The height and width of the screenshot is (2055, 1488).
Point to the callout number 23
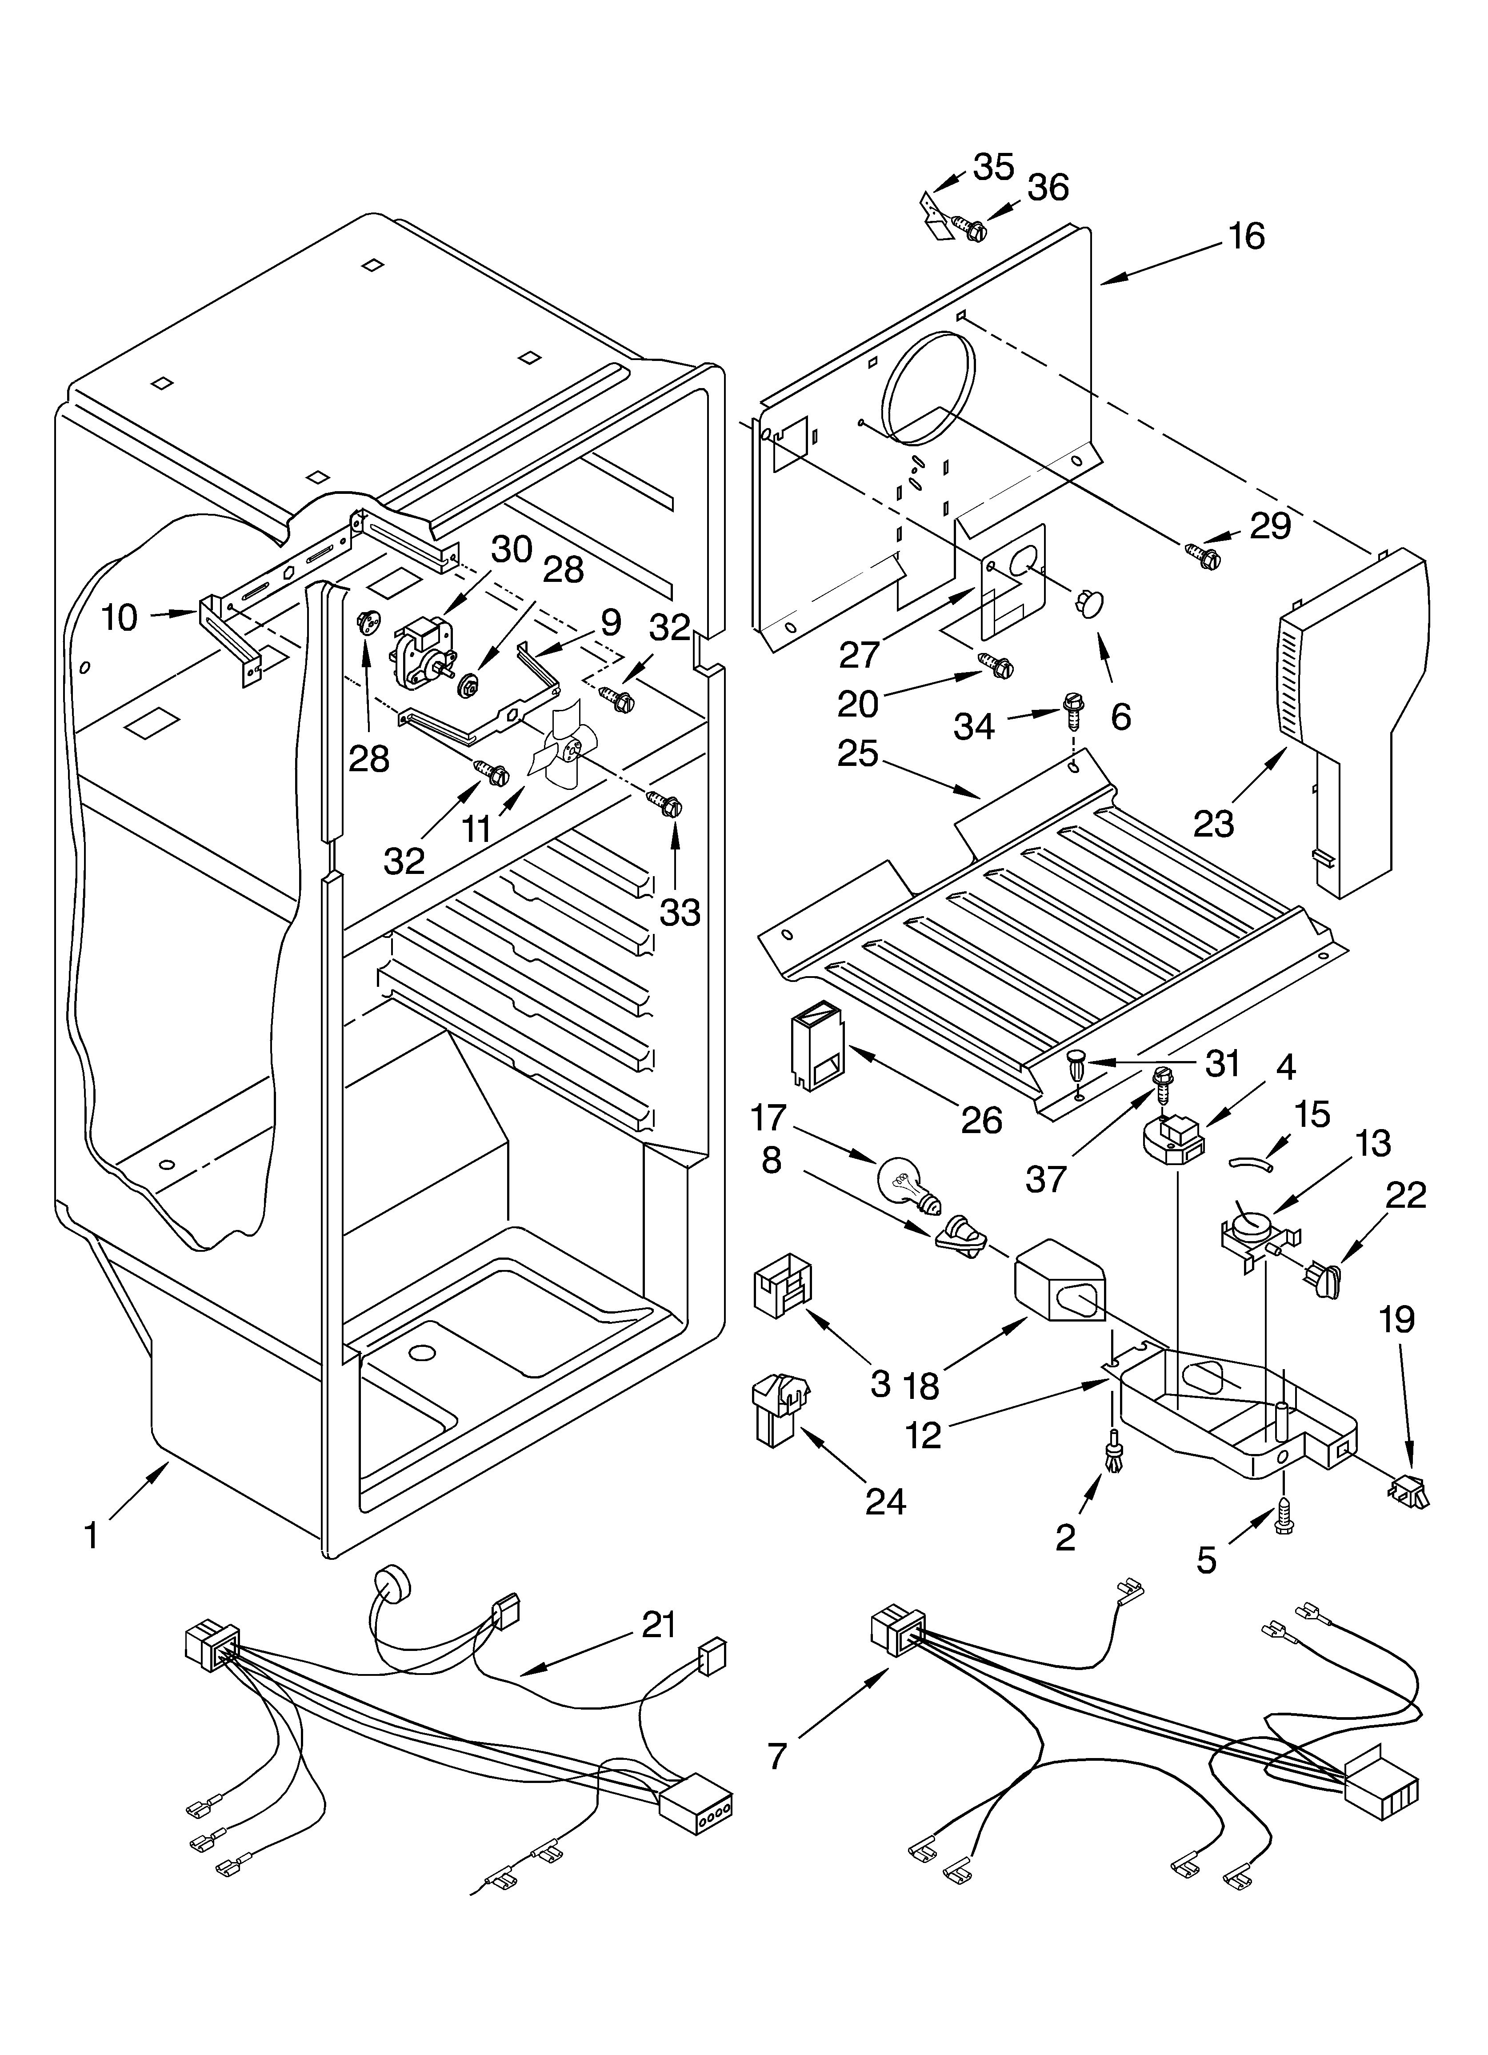1213,823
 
